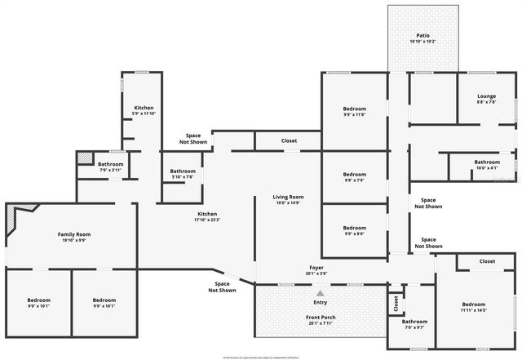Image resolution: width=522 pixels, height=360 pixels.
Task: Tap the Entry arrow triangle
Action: coord(321,293)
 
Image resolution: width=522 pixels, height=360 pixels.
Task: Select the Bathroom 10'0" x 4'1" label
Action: coord(487,164)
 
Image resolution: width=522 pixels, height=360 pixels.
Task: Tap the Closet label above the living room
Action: coord(290,140)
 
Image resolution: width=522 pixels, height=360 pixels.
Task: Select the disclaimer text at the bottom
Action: coord(261,357)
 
